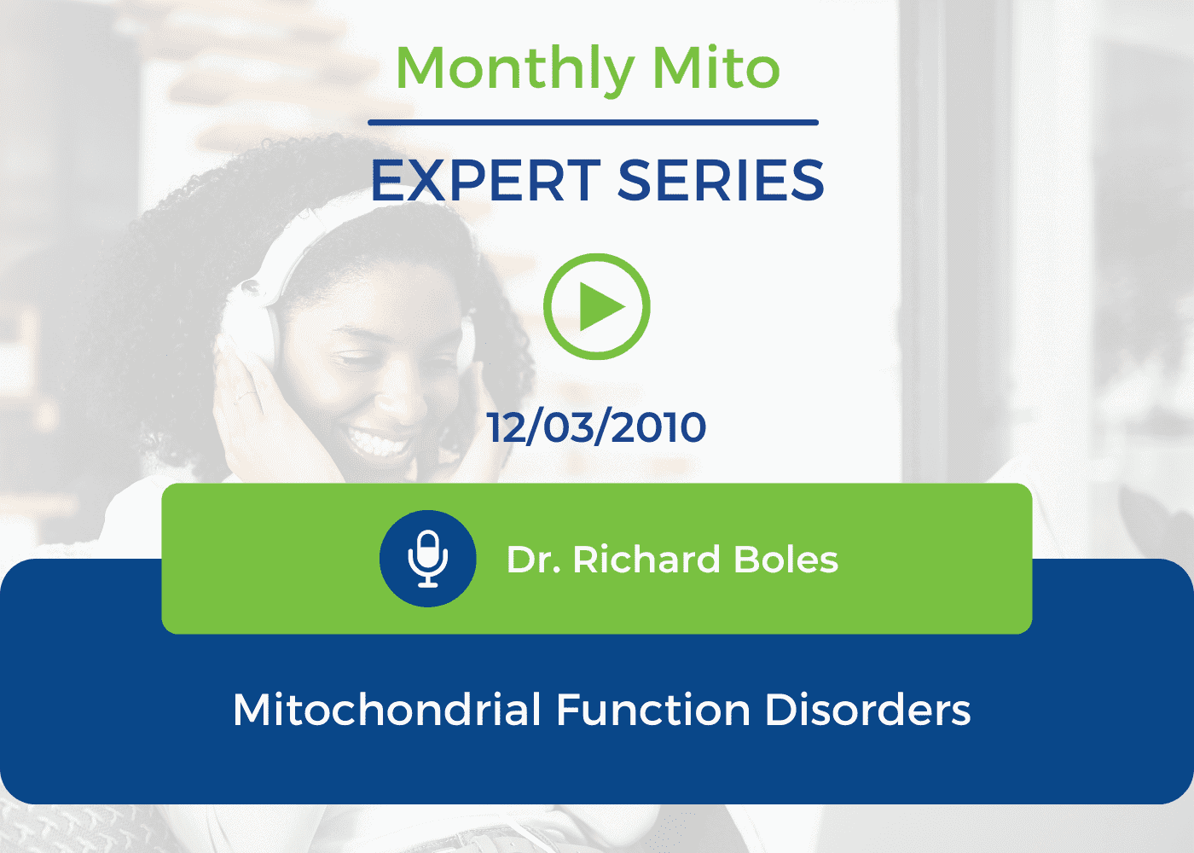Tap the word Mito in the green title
point(716,67)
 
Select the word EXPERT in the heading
point(486,181)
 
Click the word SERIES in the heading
point(722,181)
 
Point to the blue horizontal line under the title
point(593,123)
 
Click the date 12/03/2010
point(596,427)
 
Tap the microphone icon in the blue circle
point(427,559)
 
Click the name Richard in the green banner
point(646,560)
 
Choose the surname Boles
point(785,560)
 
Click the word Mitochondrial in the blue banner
point(387,710)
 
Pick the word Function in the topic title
point(653,710)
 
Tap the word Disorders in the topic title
point(868,710)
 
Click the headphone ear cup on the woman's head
point(252,320)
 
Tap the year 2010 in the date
point(658,427)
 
